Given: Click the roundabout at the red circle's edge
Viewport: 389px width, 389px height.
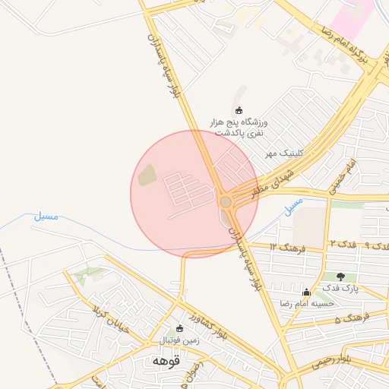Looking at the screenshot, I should point(226,201).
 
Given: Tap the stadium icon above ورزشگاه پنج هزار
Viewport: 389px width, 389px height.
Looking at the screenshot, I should point(240,111).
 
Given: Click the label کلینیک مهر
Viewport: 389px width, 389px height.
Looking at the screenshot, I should point(284,153).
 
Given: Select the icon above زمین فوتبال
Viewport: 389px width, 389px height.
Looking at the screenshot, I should point(180,329).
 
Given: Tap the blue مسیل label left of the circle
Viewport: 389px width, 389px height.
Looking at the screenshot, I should point(46,216).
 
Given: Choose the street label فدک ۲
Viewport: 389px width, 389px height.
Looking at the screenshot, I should point(338,243).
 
